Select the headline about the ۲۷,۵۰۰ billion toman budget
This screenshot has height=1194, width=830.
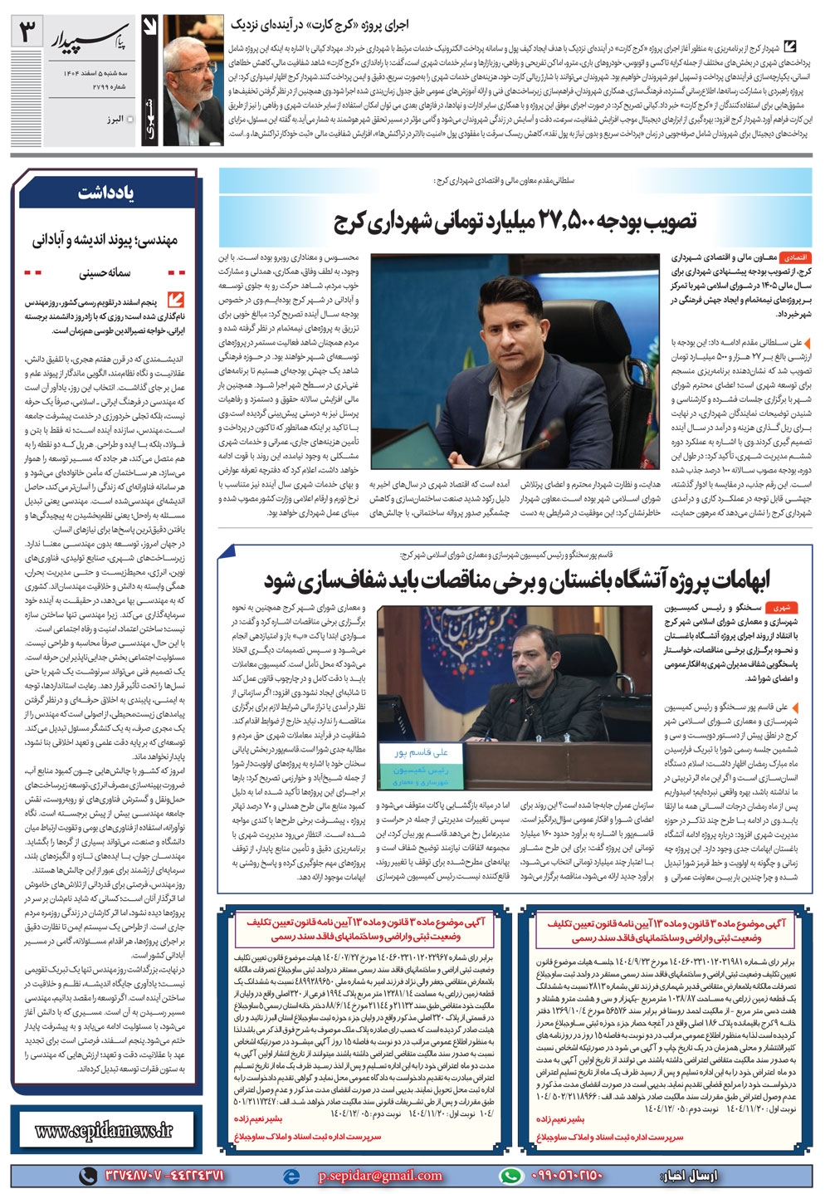[515, 221]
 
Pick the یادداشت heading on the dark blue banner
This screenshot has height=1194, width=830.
[105, 193]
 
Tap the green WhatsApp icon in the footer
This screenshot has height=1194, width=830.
[511, 1176]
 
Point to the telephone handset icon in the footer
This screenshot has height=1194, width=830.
[85, 1176]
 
